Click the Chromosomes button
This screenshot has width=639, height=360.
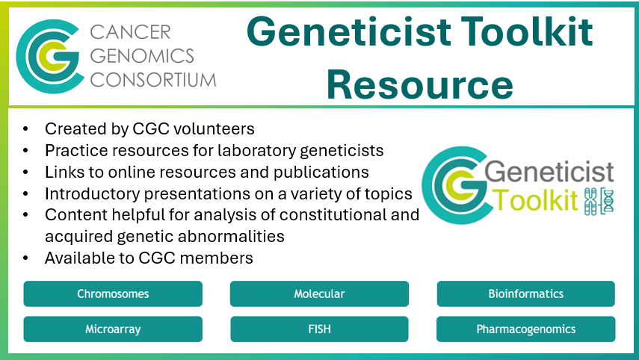[x=113, y=294]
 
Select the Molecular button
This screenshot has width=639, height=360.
[x=319, y=294]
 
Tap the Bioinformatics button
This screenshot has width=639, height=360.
[x=525, y=294]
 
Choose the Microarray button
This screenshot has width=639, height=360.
[x=113, y=329]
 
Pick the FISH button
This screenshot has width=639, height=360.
[x=319, y=329]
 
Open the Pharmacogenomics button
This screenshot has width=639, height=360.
[x=525, y=329]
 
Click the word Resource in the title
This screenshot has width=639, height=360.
[x=419, y=84]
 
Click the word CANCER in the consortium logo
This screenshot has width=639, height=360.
[x=130, y=32]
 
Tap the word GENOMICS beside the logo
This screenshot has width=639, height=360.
[x=142, y=55]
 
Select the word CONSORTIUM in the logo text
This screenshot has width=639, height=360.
[x=153, y=79]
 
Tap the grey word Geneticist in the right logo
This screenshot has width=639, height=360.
[x=549, y=174]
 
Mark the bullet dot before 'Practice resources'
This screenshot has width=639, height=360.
[x=28, y=150]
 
